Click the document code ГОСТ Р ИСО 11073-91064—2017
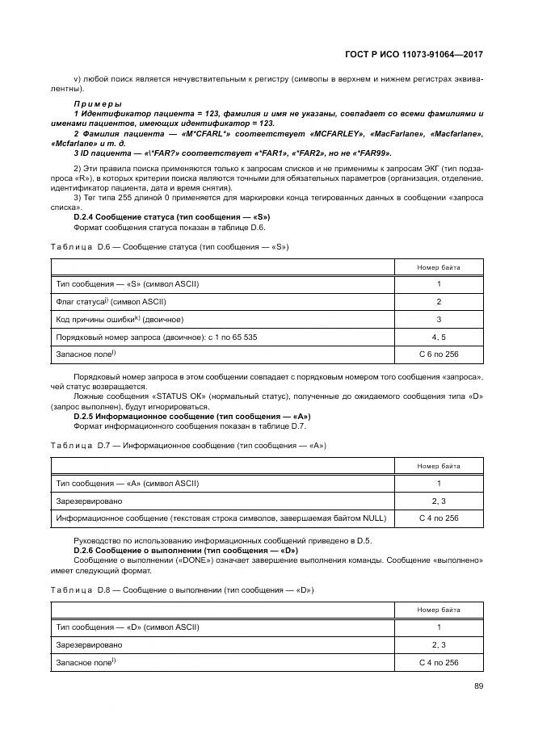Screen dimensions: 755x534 [x=415, y=53]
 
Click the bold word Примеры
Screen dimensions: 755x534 [x=97, y=105]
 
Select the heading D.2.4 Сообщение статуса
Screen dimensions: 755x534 [x=171, y=217]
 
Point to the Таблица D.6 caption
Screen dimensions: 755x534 [x=170, y=245]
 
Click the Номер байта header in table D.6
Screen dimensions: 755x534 [x=439, y=267]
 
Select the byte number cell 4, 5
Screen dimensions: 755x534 [x=439, y=337]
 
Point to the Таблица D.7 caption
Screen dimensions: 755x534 [x=188, y=445]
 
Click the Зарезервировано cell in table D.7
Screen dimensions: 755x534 [x=89, y=501]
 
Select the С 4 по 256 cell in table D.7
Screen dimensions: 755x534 [x=439, y=518]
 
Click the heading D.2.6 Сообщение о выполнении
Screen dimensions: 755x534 [x=186, y=550]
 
